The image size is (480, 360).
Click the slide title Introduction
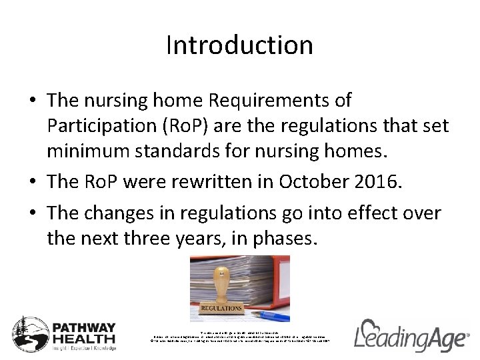(239, 45)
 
